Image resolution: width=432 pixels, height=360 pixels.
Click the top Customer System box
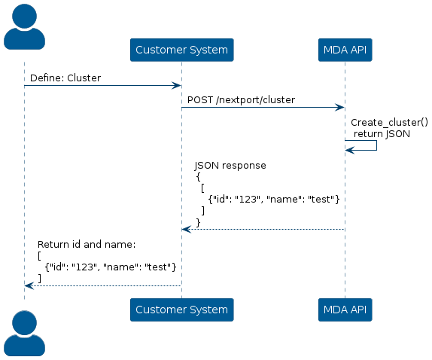pyautogui.click(x=182, y=50)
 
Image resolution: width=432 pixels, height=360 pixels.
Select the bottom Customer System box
pyautogui.click(x=182, y=310)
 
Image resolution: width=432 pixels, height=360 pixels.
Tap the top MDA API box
pyautogui.click(x=345, y=50)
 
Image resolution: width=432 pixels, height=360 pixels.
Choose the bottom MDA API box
pyautogui.click(x=345, y=310)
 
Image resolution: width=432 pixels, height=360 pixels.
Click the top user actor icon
pyautogui.click(x=24, y=27)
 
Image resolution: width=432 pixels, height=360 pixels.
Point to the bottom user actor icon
pyautogui.click(x=24, y=333)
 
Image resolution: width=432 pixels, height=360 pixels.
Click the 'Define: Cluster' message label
pyautogui.click(x=65, y=78)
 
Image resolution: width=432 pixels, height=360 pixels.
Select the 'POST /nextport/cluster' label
pyautogui.click(x=241, y=99)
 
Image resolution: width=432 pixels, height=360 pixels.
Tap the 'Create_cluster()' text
pyautogui.click(x=389, y=123)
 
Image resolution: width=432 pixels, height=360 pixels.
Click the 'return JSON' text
pyautogui.click(x=382, y=134)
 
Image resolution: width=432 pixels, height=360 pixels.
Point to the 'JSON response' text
pyautogui.click(x=230, y=166)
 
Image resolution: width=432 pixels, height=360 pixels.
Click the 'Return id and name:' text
pyautogui.click(x=87, y=245)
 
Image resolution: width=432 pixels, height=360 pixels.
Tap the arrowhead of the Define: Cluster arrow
pyautogui.click(x=176, y=85)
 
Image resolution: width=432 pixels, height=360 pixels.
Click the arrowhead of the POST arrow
pyautogui.click(x=339, y=108)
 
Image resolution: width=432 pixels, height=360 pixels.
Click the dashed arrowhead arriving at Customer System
pyautogui.click(x=186, y=229)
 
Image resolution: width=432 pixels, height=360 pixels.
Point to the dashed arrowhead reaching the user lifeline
pyautogui.click(x=29, y=286)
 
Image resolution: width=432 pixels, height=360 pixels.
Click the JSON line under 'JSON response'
pyautogui.click(x=274, y=200)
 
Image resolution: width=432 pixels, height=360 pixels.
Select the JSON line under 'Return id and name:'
pyautogui.click(x=111, y=267)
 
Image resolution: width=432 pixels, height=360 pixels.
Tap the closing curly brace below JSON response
pyautogui.click(x=199, y=222)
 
